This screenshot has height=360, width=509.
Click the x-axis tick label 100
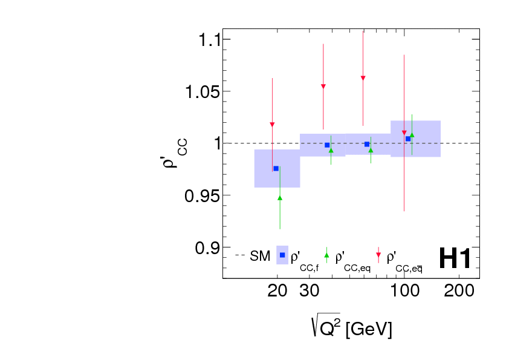coord(403,292)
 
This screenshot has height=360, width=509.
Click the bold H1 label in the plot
coord(455,258)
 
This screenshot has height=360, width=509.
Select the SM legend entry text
coord(260,257)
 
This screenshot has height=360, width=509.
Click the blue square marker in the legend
coord(282,255)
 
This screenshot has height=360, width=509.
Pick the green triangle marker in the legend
coord(327,255)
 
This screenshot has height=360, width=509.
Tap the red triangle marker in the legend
coord(378,255)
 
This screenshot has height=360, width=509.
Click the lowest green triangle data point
coord(280,198)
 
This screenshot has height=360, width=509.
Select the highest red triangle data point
coord(363,78)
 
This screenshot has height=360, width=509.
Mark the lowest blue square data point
coord(276,168)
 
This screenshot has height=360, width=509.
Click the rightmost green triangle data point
coord(412,135)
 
